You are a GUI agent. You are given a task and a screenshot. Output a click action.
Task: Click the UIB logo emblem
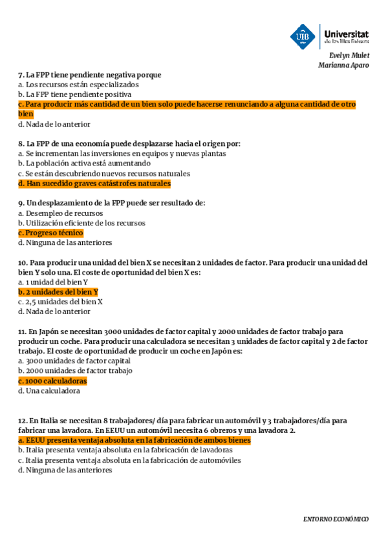[x=303, y=36]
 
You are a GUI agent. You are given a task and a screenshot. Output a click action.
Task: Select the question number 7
[x=20, y=75]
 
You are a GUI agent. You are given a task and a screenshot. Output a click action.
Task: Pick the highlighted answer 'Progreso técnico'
[x=51, y=233]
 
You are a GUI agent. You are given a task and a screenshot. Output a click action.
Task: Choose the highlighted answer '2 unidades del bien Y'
[x=58, y=292]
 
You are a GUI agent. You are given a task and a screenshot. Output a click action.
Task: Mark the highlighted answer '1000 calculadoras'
[x=52, y=381]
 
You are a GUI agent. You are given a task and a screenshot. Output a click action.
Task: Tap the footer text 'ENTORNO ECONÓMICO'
[x=336, y=520]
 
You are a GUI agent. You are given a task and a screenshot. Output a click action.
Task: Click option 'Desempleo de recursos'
[x=60, y=213]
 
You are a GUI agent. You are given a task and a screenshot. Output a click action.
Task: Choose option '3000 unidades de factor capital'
[x=74, y=361]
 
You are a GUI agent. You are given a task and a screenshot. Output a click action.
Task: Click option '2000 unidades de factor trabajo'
[x=75, y=371]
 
